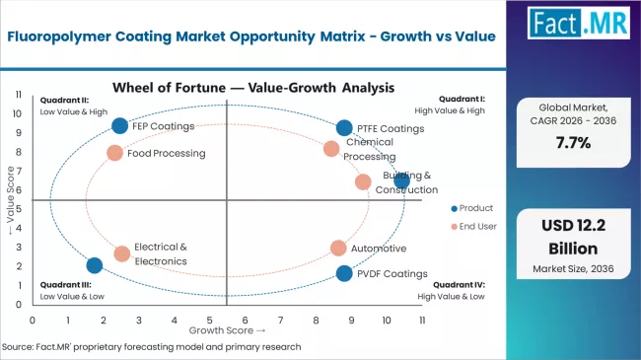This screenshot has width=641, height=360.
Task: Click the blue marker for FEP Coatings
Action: pos(119,125)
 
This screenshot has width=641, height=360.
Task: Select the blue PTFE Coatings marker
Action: pos(343,127)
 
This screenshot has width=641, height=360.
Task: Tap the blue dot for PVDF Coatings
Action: pos(343,273)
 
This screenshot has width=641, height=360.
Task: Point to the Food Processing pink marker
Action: pos(114,153)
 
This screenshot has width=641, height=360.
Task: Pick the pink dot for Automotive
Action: pos(338,248)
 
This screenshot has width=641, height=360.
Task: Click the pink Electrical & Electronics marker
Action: pos(121,253)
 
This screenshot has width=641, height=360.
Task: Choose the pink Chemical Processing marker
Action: pos(331,149)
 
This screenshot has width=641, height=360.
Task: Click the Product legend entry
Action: pos(474,208)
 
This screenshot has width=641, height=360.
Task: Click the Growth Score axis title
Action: pos(227,330)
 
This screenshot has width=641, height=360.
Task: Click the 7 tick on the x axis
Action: pos(281,321)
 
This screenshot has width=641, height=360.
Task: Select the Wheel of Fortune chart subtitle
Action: pos(225,87)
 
